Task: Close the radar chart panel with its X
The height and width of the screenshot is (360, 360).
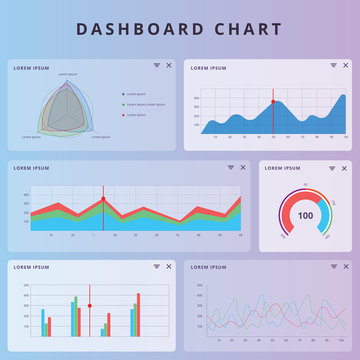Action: [168, 66]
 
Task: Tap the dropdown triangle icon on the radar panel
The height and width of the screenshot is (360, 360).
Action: [156, 66]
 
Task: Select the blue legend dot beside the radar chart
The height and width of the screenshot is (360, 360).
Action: [123, 94]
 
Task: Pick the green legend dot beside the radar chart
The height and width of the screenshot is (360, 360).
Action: [123, 104]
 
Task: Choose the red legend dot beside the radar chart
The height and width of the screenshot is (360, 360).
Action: [123, 115]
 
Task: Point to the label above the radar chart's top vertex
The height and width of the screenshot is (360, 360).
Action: [68, 75]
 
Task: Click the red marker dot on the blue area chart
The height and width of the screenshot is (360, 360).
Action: [272, 102]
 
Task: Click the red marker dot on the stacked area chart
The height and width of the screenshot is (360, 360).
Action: [103, 200]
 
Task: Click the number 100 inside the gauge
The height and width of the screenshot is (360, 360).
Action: [305, 216]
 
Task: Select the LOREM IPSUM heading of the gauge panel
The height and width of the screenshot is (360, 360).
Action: [282, 168]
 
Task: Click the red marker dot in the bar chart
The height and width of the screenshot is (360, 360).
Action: [90, 305]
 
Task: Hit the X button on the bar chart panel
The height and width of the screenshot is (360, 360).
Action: [168, 266]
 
